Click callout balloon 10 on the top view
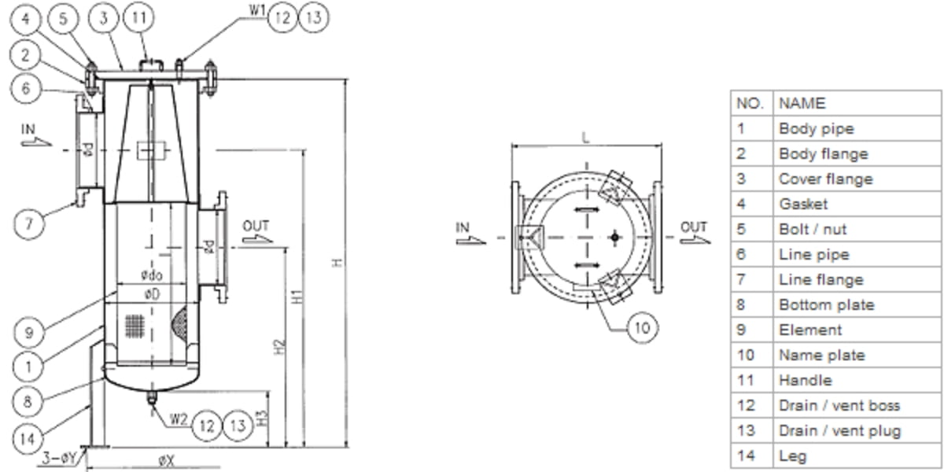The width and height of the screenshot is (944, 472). pos(643,326)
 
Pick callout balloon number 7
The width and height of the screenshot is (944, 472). pos(29,223)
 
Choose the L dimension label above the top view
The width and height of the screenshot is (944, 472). pos(585,138)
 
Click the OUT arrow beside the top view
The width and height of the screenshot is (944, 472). pos(694,234)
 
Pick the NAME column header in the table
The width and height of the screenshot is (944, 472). pos(802,103)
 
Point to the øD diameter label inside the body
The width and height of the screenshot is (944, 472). pos(151,293)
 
